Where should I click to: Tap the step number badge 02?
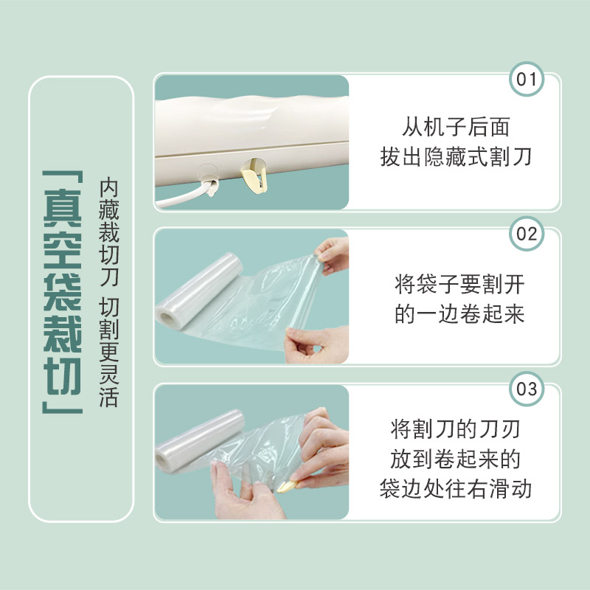[x=528, y=235]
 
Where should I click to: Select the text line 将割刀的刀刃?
[x=456, y=429]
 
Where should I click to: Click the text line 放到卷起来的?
[x=456, y=459]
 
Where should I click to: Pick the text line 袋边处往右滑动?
[x=456, y=489]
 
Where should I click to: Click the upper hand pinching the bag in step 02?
[x=331, y=254]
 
